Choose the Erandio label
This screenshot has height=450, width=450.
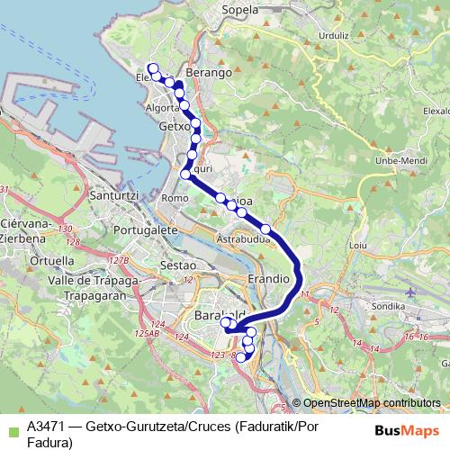(x=267, y=280)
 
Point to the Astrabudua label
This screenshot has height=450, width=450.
(x=243, y=239)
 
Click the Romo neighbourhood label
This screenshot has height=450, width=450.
(x=175, y=197)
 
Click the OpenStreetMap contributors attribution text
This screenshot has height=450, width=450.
(x=372, y=402)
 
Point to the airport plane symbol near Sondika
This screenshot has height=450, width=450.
(x=411, y=292)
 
